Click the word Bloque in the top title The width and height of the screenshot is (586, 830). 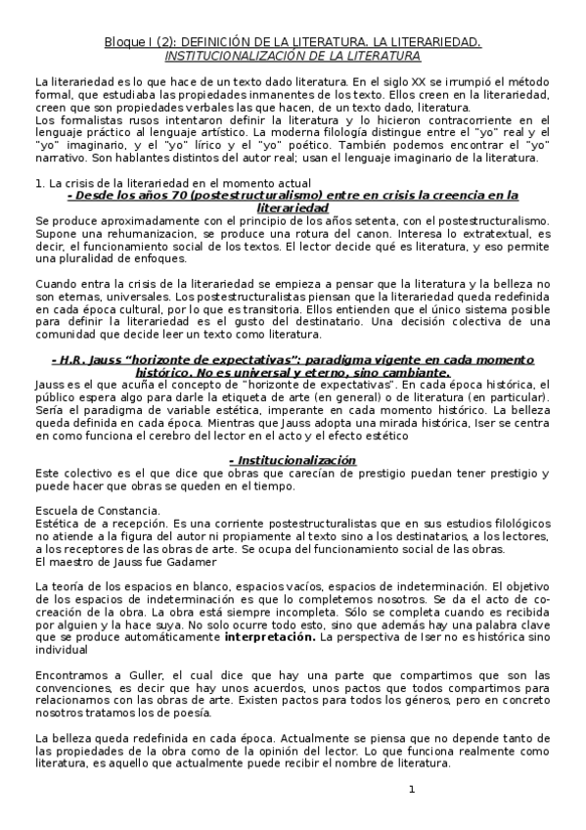coord(123,42)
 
